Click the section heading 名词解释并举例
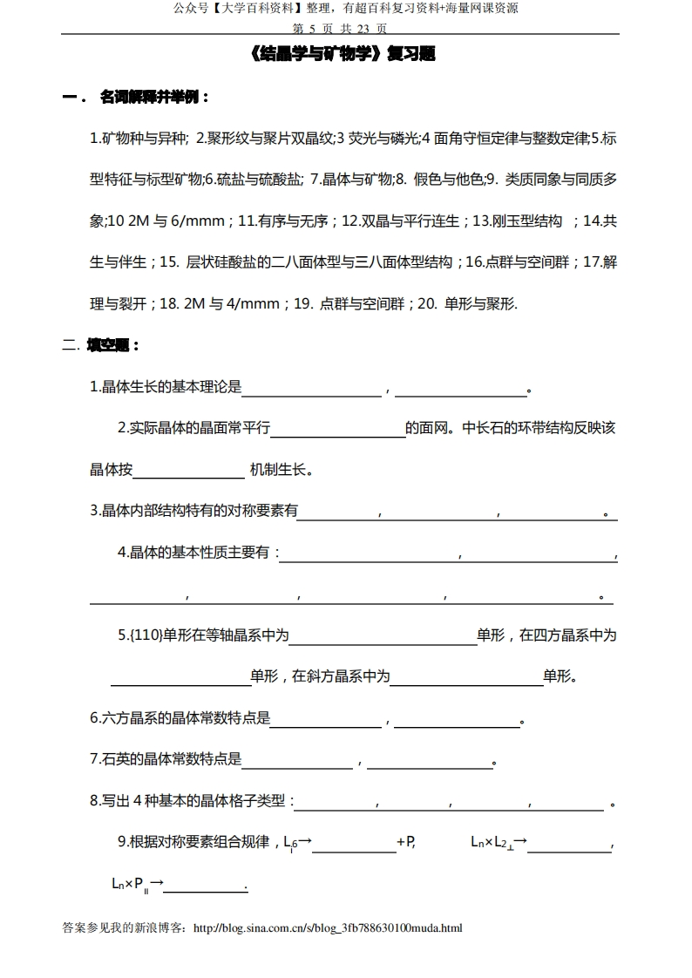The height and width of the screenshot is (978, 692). coord(154,97)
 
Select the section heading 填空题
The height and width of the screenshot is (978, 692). coord(113,345)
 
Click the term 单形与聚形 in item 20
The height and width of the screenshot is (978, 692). coord(480,304)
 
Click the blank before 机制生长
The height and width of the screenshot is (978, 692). coord(188,471)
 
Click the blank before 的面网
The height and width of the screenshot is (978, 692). coord(338,429)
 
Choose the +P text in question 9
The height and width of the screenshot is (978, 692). coord(405,842)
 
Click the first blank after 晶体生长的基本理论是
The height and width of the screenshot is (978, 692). coord(312,388)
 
